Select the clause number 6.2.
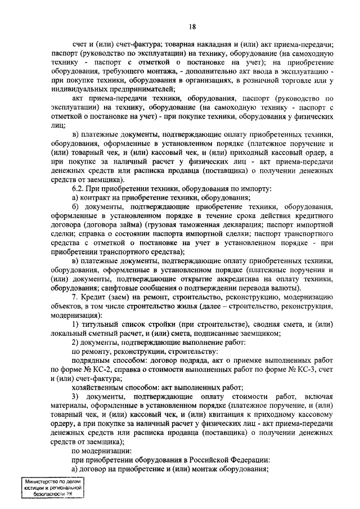point(80,188)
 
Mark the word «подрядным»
point(92,359)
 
